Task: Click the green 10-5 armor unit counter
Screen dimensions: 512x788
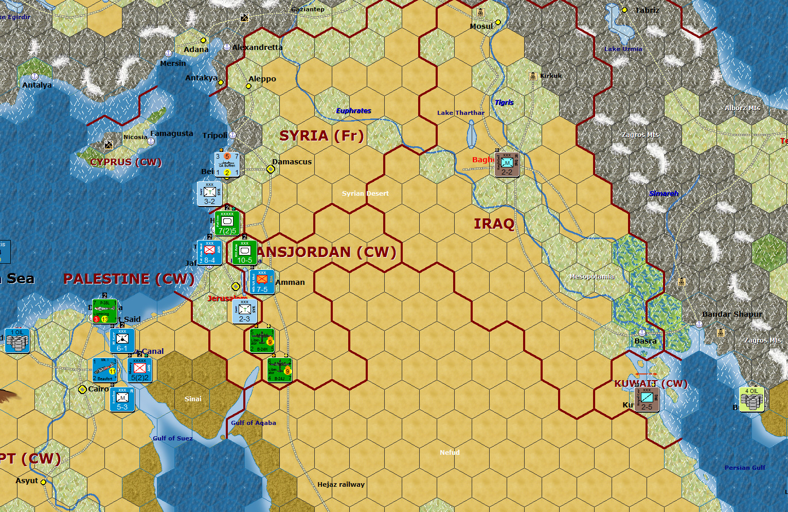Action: (244, 252)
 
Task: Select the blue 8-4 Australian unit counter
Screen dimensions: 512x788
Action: (209, 252)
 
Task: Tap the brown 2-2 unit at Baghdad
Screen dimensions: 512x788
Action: (507, 164)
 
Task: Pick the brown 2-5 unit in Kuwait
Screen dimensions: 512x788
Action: (647, 399)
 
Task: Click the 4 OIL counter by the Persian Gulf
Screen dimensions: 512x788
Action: (751, 399)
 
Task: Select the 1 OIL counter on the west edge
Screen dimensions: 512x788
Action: (17, 340)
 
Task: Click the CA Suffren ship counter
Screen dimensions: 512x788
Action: (227, 164)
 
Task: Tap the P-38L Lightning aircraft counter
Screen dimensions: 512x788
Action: (104, 312)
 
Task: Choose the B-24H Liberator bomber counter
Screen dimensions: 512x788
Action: (262, 340)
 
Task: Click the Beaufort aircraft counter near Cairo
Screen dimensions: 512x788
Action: (105, 370)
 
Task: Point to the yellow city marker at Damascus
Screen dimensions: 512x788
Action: (271, 169)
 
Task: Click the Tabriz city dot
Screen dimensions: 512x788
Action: (624, 10)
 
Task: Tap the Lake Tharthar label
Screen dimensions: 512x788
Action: (460, 113)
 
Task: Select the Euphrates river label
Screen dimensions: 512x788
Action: (353, 111)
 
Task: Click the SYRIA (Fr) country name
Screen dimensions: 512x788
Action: (321, 136)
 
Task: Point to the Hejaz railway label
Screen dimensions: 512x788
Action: (341, 484)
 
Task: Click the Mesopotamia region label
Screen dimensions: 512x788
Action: (592, 277)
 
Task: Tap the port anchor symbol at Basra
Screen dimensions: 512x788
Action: (641, 333)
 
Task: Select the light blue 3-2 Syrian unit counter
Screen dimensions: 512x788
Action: (209, 194)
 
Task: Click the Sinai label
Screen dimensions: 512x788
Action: (193, 399)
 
